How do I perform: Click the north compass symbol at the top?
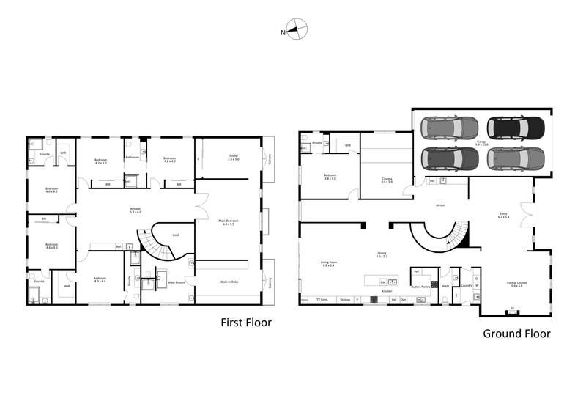click(x=295, y=31)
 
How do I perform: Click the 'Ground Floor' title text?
click(x=516, y=334)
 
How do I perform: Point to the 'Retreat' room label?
click(x=136, y=210)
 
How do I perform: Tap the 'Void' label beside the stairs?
click(x=176, y=235)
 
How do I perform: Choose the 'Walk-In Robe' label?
click(x=229, y=282)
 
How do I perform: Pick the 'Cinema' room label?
click(x=387, y=179)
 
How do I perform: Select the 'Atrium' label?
click(x=440, y=206)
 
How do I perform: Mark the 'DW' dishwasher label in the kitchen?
click(x=382, y=282)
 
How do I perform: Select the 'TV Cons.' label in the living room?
click(x=322, y=300)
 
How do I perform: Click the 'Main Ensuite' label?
click(x=177, y=282)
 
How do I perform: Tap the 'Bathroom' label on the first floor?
click(x=133, y=157)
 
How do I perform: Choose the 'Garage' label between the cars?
click(x=481, y=142)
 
